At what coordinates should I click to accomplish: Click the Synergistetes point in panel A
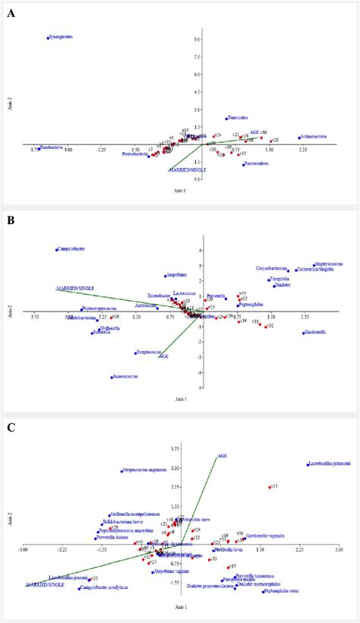[x=48, y=37]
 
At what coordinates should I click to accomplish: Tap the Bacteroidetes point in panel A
[x=244, y=164]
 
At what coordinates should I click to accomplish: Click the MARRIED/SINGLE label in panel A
[x=185, y=171]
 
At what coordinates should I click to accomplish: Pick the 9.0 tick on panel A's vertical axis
[x=196, y=40]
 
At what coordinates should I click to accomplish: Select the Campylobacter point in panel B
[x=57, y=249]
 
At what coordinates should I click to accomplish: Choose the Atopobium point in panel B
[x=165, y=276]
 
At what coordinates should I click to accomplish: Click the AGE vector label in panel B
[x=163, y=356]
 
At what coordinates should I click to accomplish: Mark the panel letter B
[x=10, y=218]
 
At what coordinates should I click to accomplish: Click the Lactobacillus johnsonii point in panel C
[x=308, y=465]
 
